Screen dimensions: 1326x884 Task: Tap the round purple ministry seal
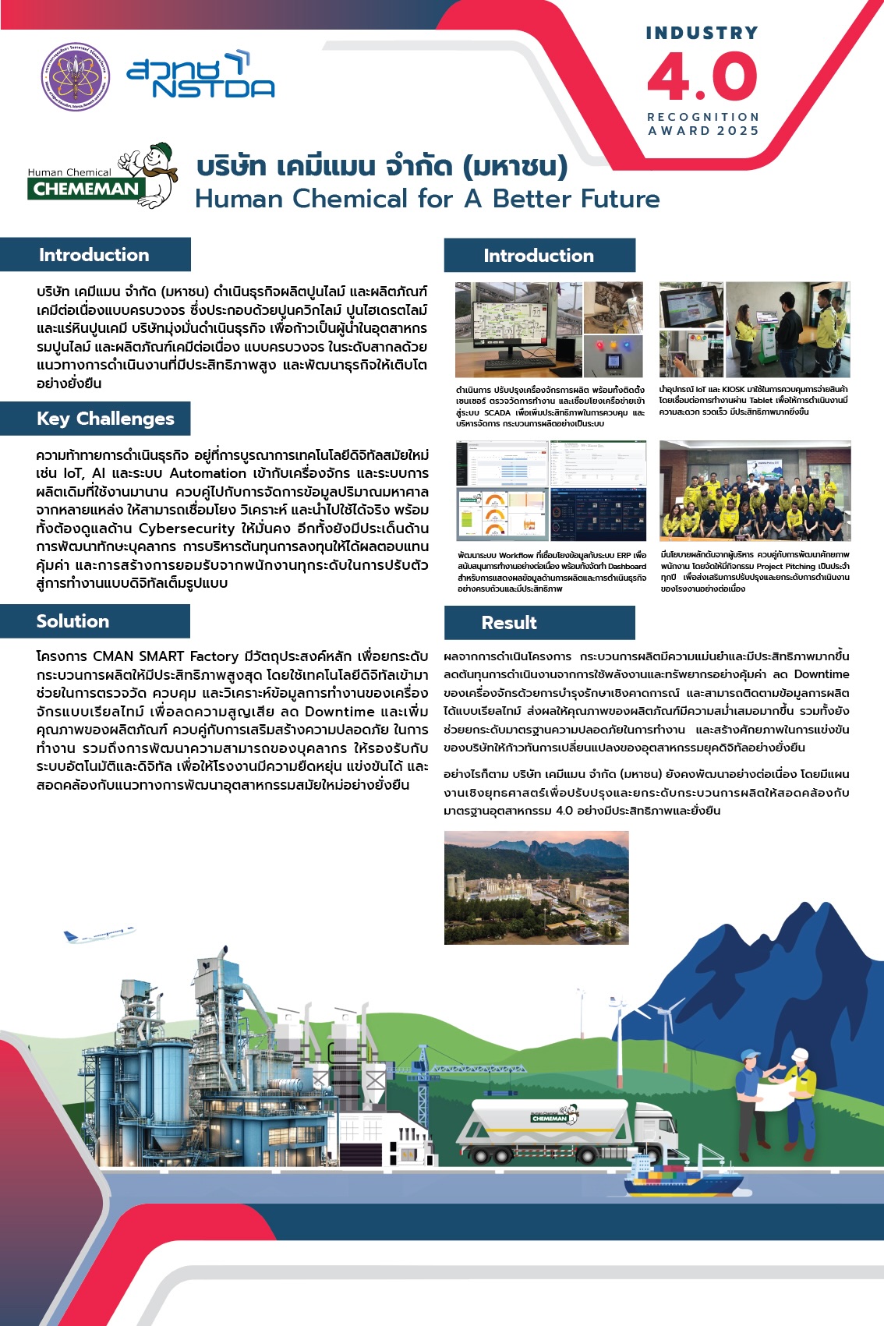coord(76,77)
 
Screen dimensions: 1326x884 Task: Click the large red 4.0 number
coord(702,77)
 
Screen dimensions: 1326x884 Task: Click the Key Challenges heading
coord(105,419)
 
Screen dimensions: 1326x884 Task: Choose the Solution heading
coord(72,621)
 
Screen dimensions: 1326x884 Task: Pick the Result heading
coord(509,623)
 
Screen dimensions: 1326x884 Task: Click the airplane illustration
coord(98,934)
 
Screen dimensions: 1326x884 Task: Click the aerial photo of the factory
coord(536,887)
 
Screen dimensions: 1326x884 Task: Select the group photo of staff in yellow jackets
coord(755,490)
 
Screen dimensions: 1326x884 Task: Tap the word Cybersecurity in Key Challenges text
coord(187,529)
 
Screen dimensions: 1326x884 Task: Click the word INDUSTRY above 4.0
coord(702,33)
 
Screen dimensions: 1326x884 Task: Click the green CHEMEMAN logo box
coord(85,189)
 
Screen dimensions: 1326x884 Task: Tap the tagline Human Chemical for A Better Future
coord(427,199)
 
